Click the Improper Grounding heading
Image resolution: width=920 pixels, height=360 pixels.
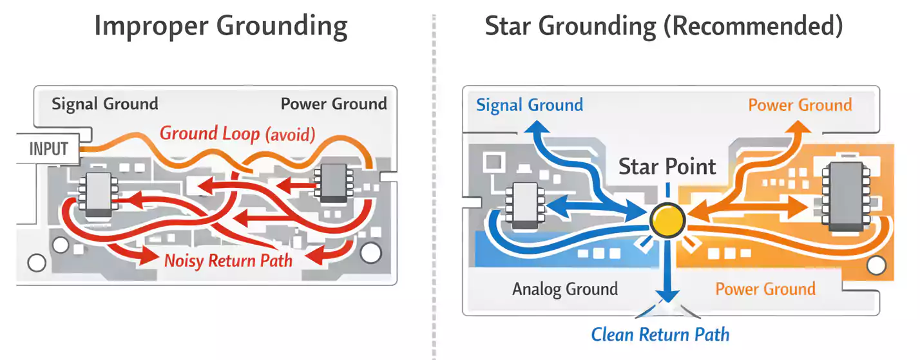pyautogui.click(x=221, y=27)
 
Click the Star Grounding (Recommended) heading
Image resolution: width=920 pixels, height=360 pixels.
pyautogui.click(x=664, y=26)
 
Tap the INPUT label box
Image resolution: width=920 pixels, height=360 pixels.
pyautogui.click(x=48, y=149)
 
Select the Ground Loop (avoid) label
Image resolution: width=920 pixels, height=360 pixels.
pyautogui.click(x=237, y=134)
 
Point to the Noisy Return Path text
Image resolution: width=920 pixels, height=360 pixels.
pyautogui.click(x=228, y=261)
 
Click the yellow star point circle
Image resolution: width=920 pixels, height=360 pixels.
pyautogui.click(x=667, y=220)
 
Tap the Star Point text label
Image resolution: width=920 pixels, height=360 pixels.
pyautogui.click(x=667, y=167)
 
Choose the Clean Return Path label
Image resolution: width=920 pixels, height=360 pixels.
pyautogui.click(x=660, y=335)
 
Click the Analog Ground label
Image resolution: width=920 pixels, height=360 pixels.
pyautogui.click(x=565, y=289)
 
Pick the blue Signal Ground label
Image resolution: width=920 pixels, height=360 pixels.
pyautogui.click(x=530, y=105)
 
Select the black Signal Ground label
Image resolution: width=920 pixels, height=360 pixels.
pyautogui.click(x=104, y=104)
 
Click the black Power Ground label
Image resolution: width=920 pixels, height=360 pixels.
pyautogui.click(x=334, y=104)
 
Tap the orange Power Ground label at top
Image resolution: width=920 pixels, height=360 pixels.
pyautogui.click(x=800, y=105)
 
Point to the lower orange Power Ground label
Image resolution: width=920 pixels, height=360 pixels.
pyautogui.click(x=765, y=289)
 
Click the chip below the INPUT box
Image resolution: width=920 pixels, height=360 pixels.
pyautogui.click(x=98, y=193)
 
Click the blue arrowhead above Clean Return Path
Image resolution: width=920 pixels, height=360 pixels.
pyautogui.click(x=668, y=295)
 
